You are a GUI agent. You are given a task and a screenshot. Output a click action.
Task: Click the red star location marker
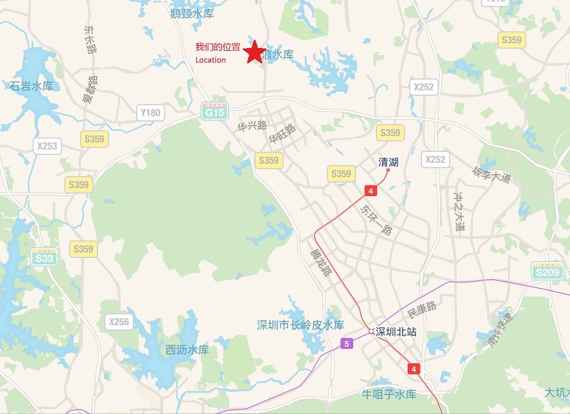(253, 52)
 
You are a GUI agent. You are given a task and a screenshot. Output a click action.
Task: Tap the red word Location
(210, 60)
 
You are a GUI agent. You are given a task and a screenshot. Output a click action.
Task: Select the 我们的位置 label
(217, 47)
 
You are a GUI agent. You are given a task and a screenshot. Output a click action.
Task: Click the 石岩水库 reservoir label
(31, 86)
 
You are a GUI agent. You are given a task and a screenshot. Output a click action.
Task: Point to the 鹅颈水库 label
(192, 13)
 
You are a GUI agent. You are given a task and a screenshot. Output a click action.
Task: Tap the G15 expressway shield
(214, 112)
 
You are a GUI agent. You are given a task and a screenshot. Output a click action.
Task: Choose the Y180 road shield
(151, 112)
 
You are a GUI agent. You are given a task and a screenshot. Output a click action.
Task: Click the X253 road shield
(46, 145)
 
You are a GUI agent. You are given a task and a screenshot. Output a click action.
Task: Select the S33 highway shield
(44, 257)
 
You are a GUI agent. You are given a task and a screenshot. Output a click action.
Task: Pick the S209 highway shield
(547, 271)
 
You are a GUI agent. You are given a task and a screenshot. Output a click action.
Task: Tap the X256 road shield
(119, 322)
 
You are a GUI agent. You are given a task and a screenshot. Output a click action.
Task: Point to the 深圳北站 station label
(396, 332)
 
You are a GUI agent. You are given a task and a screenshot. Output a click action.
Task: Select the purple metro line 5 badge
(348, 343)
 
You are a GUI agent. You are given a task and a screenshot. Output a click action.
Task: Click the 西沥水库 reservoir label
(187, 350)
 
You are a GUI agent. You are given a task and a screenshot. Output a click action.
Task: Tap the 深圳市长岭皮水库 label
(300, 324)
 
